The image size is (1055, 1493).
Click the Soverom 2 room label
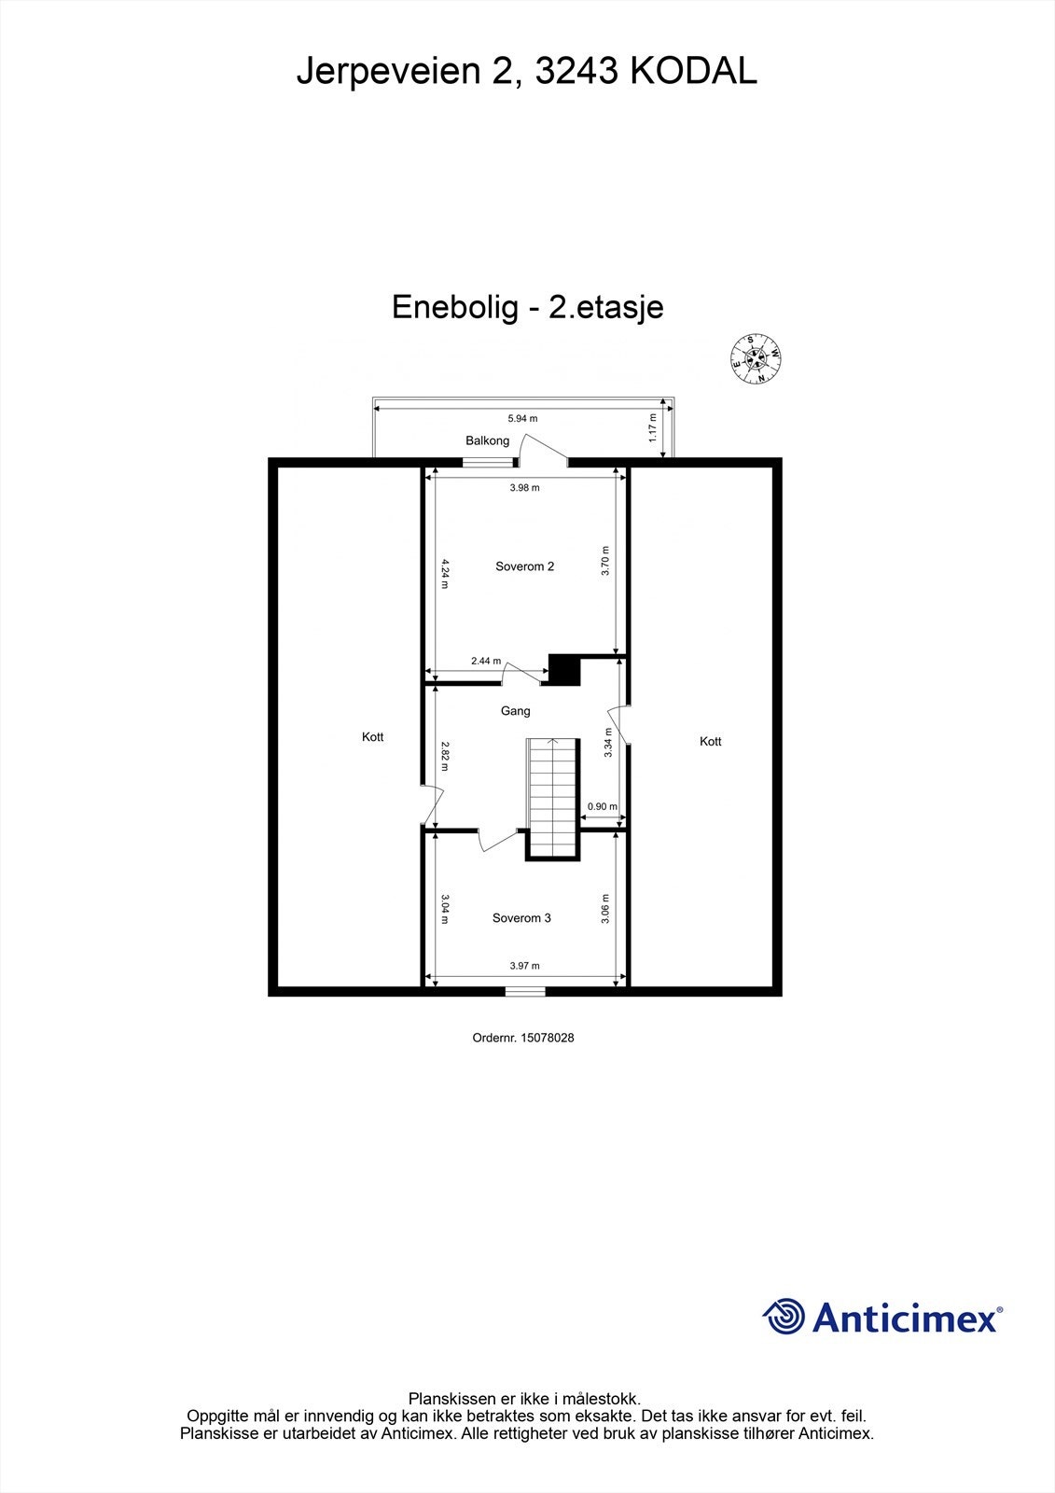coord(524,566)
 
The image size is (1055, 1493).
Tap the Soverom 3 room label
coord(521,918)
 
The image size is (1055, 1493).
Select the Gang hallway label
coord(515,711)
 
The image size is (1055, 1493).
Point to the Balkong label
coord(487,440)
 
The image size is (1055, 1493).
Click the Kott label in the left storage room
coord(372,737)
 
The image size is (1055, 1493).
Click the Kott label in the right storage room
coord(710,742)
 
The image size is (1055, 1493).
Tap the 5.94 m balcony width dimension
coord(522,419)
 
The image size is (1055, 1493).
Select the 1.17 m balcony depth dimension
coord(653,427)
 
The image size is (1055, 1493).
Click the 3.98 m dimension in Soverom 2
coord(524,487)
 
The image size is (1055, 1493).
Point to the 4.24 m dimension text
coord(445,572)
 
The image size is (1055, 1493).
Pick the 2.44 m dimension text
coord(485,661)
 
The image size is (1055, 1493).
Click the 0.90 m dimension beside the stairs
coord(602,807)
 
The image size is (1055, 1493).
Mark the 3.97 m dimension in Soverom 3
coord(524,966)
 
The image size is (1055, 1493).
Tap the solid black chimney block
coord(564,670)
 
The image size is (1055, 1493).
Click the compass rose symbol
coord(754,359)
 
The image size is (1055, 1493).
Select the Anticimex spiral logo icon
coord(784,1317)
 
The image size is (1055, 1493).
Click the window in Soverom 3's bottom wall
coord(524,991)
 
